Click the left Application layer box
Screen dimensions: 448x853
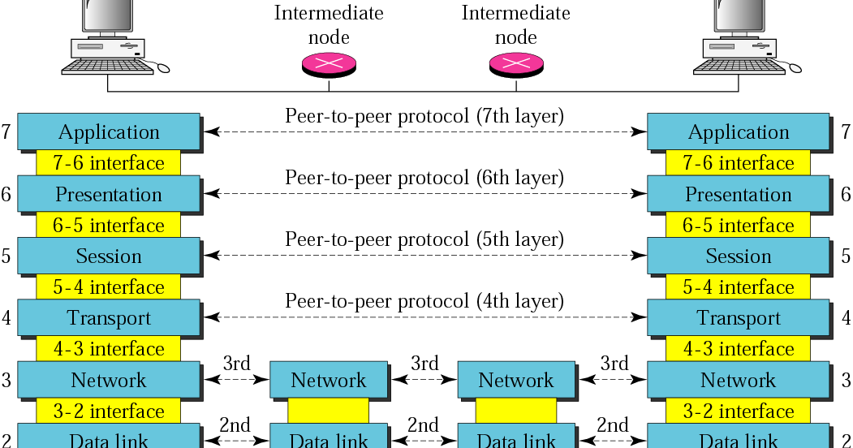pos(109,131)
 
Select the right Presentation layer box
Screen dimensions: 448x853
pos(738,194)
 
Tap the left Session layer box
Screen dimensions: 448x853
pos(109,256)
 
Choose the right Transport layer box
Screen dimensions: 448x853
pos(738,317)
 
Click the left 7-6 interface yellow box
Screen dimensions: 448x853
pos(109,163)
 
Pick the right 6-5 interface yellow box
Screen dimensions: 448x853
pos(738,225)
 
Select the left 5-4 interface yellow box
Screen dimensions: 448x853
pos(109,287)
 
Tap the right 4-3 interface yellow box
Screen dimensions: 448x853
pos(738,349)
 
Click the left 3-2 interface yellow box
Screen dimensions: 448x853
pos(109,411)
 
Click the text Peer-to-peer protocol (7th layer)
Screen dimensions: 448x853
pos(424,116)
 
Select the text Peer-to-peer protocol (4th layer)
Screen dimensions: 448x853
pos(424,301)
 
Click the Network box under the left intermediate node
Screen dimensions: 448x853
pos(329,380)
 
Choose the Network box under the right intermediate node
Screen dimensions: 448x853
pos(516,380)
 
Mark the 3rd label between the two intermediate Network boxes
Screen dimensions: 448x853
pos(424,363)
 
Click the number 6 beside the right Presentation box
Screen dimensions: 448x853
pos(846,194)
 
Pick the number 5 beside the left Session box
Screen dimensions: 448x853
pos(6,256)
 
